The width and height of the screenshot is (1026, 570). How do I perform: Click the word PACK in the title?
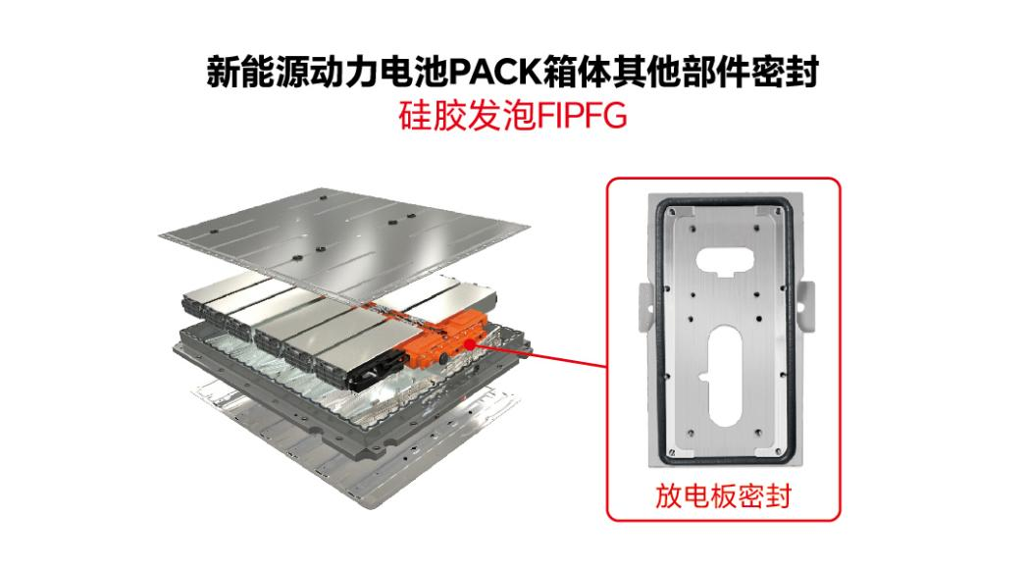coord(496,72)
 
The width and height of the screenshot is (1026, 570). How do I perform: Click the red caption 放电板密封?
coord(723,495)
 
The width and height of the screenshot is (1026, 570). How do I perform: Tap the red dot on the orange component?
coord(469,343)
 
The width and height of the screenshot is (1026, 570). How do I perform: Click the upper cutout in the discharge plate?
coord(725,260)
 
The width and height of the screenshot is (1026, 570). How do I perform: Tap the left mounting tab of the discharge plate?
coord(645,307)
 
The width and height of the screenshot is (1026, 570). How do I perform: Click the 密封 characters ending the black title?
coord(786,72)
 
